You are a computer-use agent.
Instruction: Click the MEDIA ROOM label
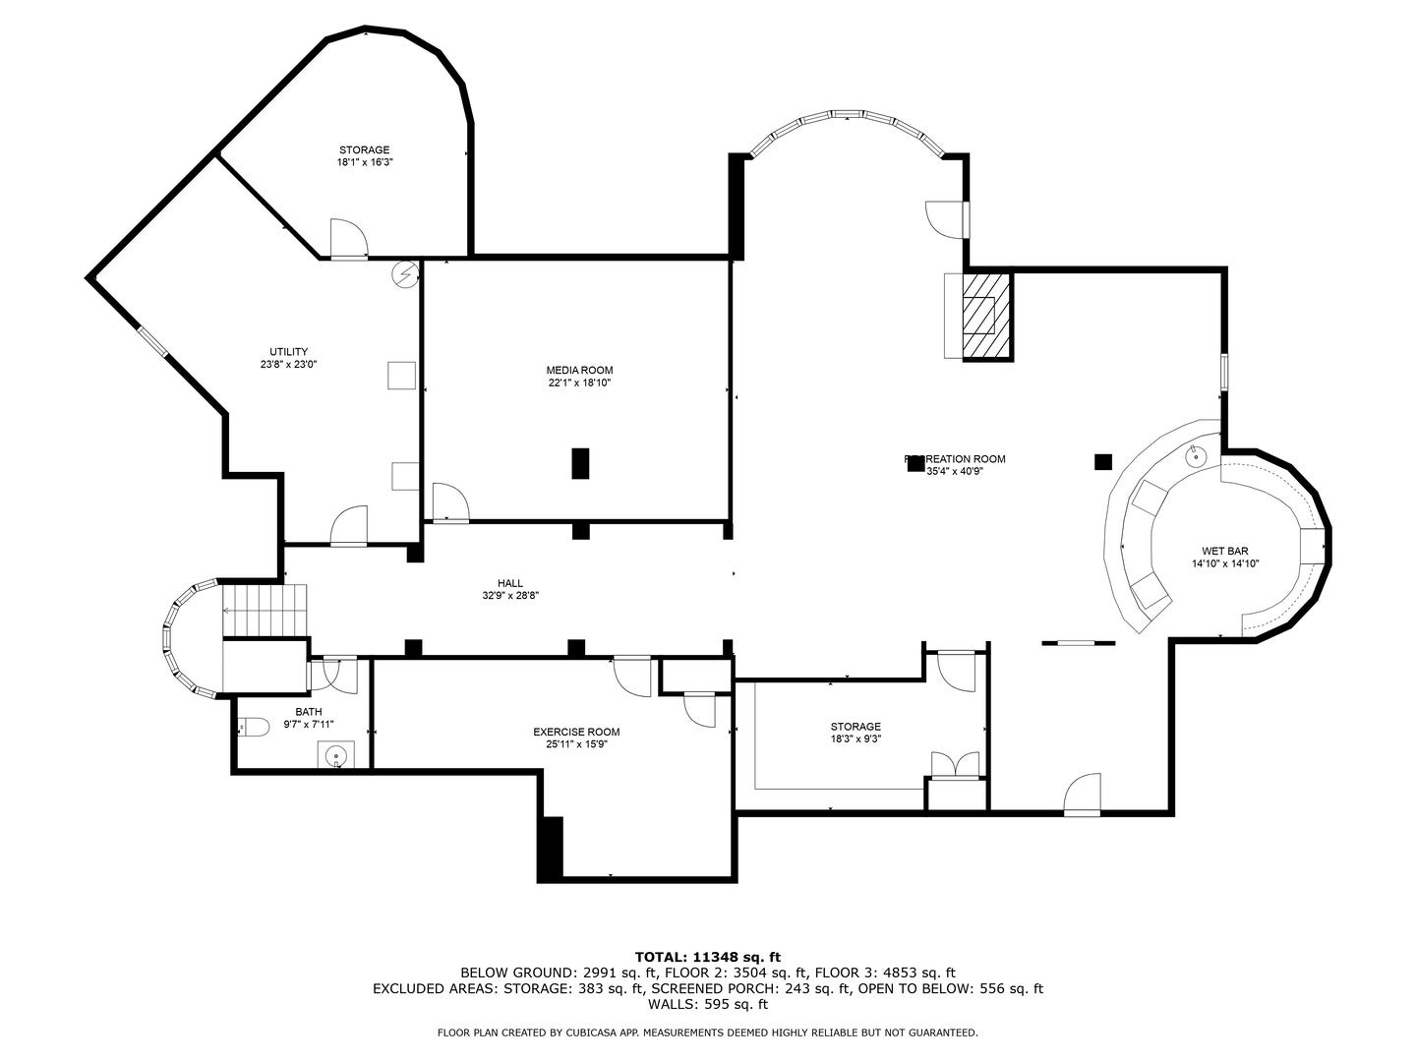[579, 370]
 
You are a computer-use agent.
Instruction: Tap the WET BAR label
[1224, 551]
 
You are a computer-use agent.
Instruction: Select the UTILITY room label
[288, 351]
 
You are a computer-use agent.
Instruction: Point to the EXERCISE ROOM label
[576, 732]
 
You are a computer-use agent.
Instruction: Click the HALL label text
[509, 583]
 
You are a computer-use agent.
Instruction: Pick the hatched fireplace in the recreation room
[985, 316]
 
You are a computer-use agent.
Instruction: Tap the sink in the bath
[335, 756]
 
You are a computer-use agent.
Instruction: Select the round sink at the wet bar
[1195, 455]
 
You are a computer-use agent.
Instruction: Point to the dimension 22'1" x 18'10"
[579, 383]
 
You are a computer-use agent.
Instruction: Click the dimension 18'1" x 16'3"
[364, 162]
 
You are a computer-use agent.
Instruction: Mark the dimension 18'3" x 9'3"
[855, 739]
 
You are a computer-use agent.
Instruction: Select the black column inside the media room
[580, 463]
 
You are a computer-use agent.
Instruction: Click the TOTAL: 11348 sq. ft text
[707, 956]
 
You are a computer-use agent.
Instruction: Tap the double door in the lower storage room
[955, 765]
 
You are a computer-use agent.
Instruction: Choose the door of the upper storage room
[347, 240]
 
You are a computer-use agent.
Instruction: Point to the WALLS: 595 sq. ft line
[707, 1005]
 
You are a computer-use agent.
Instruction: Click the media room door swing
[449, 501]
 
